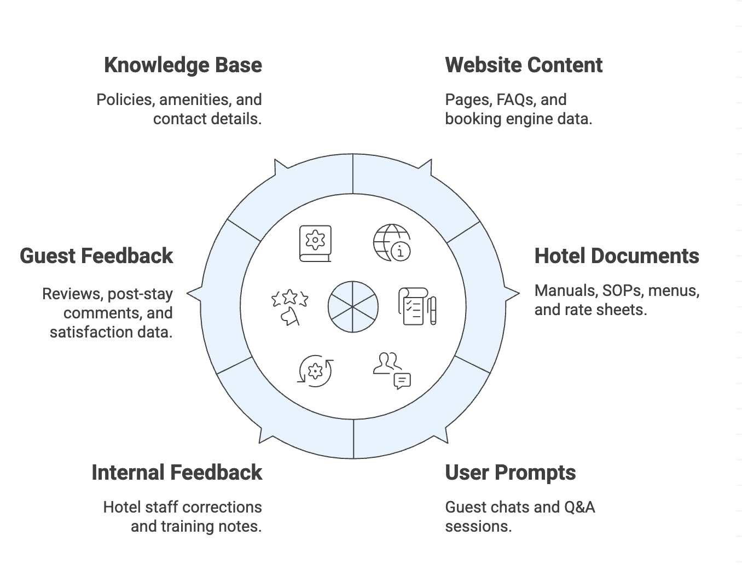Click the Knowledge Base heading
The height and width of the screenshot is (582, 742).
pyautogui.click(x=183, y=65)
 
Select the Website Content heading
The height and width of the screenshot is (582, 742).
pyautogui.click(x=523, y=65)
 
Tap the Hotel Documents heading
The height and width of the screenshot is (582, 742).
pyautogui.click(x=616, y=256)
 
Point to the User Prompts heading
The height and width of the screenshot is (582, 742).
pyautogui.click(x=510, y=473)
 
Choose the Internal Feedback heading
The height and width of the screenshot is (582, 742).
pyautogui.click(x=177, y=473)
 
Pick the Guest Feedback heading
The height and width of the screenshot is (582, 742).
pyautogui.click(x=96, y=256)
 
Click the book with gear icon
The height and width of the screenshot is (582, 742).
pyautogui.click(x=315, y=243)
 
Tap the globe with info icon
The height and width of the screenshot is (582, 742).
pyautogui.click(x=392, y=242)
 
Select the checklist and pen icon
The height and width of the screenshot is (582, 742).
pyautogui.click(x=417, y=306)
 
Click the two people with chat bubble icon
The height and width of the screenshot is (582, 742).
pyautogui.click(x=392, y=370)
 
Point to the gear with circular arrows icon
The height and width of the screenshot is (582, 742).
pyautogui.click(x=315, y=371)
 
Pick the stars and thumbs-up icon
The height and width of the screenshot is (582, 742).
pyautogui.click(x=289, y=307)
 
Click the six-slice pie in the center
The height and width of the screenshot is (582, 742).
pyautogui.click(x=353, y=307)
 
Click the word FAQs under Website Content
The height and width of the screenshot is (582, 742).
pyautogui.click(x=515, y=100)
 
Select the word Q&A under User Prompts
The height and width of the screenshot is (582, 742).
pyautogui.click(x=579, y=507)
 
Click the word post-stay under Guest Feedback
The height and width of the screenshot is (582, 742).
pyautogui.click(x=140, y=294)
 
